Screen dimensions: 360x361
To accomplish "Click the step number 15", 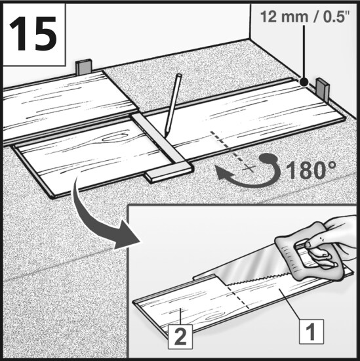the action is coord(33,33).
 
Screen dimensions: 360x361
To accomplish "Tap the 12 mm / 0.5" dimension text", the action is coord(305,17).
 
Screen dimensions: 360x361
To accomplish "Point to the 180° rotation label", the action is coord(311,171).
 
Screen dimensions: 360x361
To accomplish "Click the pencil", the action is coord(172,105).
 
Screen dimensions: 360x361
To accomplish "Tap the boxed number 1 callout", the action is coord(311,331).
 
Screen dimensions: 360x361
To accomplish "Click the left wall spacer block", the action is coord(84,67).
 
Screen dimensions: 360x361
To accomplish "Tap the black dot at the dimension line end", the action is coord(304,81).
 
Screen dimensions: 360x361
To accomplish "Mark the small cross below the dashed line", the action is coord(250,168).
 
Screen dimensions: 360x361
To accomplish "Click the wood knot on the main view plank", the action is coord(115,138).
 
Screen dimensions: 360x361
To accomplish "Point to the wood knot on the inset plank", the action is coord(214,318).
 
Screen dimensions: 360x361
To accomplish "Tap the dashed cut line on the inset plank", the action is coord(237,297).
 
